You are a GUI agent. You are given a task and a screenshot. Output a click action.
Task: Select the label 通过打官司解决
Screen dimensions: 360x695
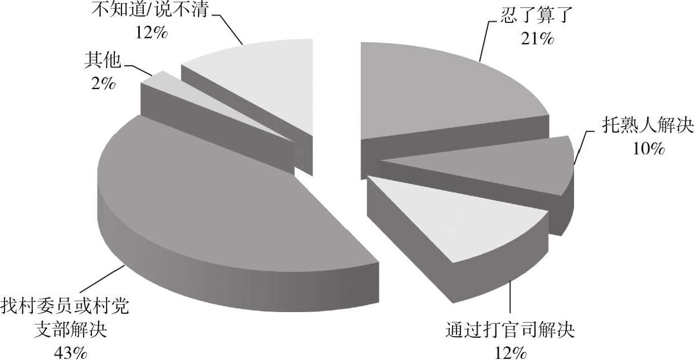[510, 330]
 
